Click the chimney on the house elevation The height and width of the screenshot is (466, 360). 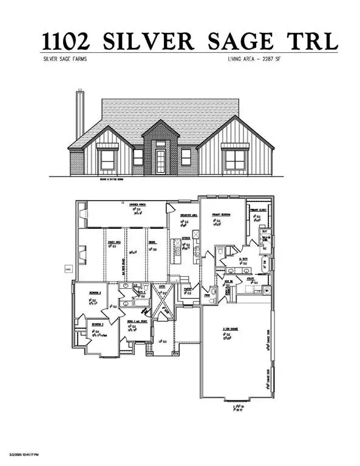click(80, 115)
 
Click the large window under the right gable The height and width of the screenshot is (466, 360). click(234, 158)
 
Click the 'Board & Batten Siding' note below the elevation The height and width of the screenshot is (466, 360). click(100, 180)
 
